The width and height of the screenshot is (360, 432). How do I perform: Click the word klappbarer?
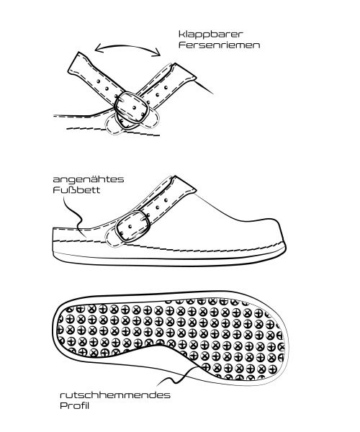point(211,35)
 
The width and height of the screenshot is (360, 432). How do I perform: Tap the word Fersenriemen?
point(220,45)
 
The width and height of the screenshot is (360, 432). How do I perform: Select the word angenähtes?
point(89,180)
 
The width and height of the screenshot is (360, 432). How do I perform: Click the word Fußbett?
point(76,190)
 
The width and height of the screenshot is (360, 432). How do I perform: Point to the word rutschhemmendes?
point(115,395)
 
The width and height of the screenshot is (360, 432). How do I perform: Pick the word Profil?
point(74,406)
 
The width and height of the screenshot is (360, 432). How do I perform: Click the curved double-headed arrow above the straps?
point(127,47)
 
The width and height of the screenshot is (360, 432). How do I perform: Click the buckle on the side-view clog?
point(133,226)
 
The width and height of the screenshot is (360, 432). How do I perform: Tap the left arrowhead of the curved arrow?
point(97,49)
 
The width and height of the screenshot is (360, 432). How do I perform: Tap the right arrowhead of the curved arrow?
point(158,53)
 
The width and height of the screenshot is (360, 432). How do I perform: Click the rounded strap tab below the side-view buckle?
point(112,239)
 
